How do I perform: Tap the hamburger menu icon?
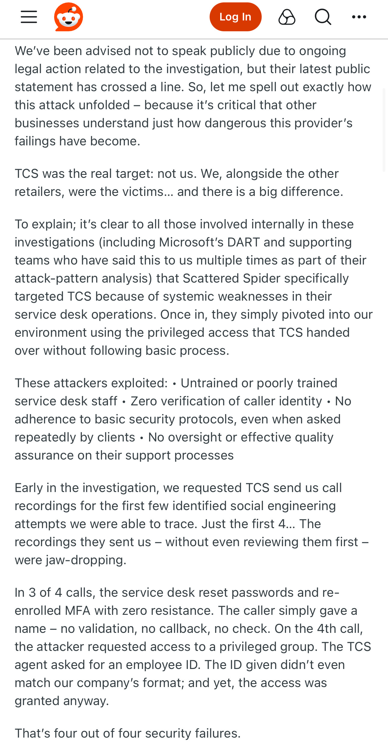click(x=29, y=17)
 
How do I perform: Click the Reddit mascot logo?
click(x=69, y=17)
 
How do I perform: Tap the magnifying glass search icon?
click(x=323, y=17)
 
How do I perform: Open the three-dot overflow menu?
click(x=359, y=17)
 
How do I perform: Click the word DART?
click(x=243, y=242)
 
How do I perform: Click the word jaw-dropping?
click(x=86, y=560)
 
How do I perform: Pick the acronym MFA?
click(x=78, y=611)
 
